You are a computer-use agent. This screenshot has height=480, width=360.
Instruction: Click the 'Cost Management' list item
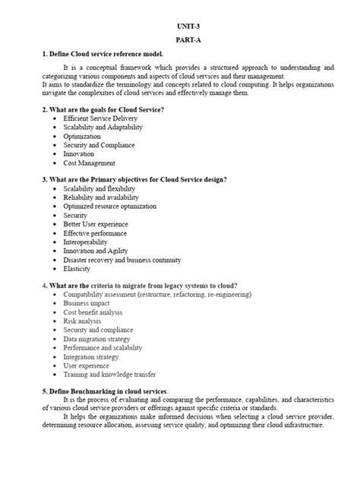[89, 163]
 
